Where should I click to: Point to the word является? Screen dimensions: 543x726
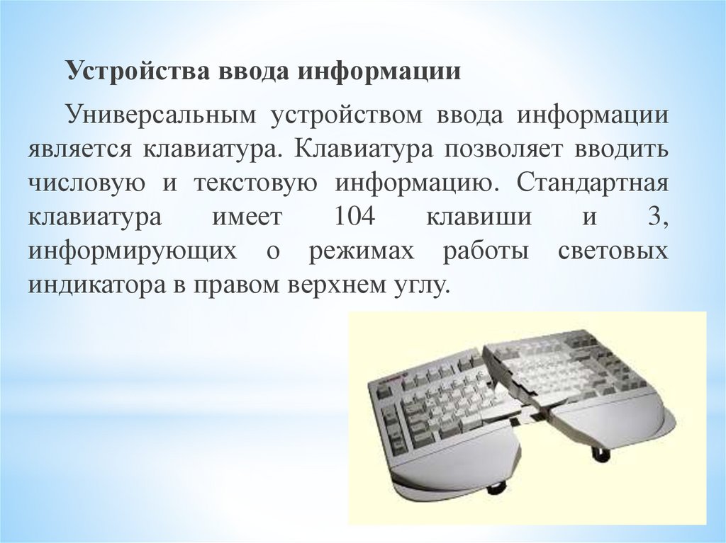coord(79,150)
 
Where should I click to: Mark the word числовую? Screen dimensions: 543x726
coord(87,184)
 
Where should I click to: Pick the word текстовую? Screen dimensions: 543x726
coord(254,184)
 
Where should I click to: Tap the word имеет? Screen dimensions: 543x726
coord(240,217)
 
